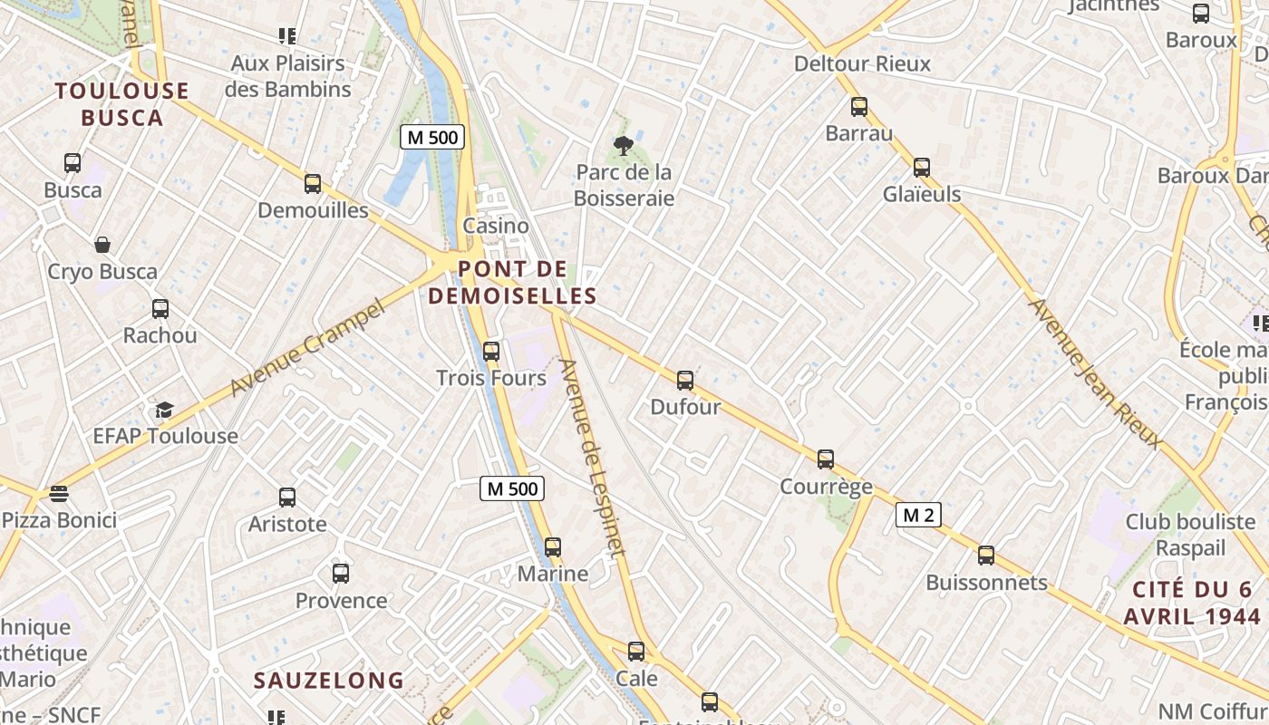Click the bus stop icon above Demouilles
[313, 184]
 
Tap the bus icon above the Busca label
[73, 164]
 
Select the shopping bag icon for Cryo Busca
[102, 245]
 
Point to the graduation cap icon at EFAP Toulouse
[164, 411]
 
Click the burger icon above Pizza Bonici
[59, 494]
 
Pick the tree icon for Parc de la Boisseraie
[623, 145]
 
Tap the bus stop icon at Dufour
[685, 381]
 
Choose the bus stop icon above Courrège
[826, 459]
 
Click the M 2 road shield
[918, 516]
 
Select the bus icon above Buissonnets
[986, 556]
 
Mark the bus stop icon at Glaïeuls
[922, 168]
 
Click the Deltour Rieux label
[862, 63]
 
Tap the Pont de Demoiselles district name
[513, 283]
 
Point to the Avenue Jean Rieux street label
[1094, 373]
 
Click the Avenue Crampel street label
[308, 349]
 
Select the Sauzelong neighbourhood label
[328, 681]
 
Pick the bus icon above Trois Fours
[491, 352]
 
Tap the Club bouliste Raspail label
[1190, 535]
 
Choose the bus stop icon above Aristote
[287, 498]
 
